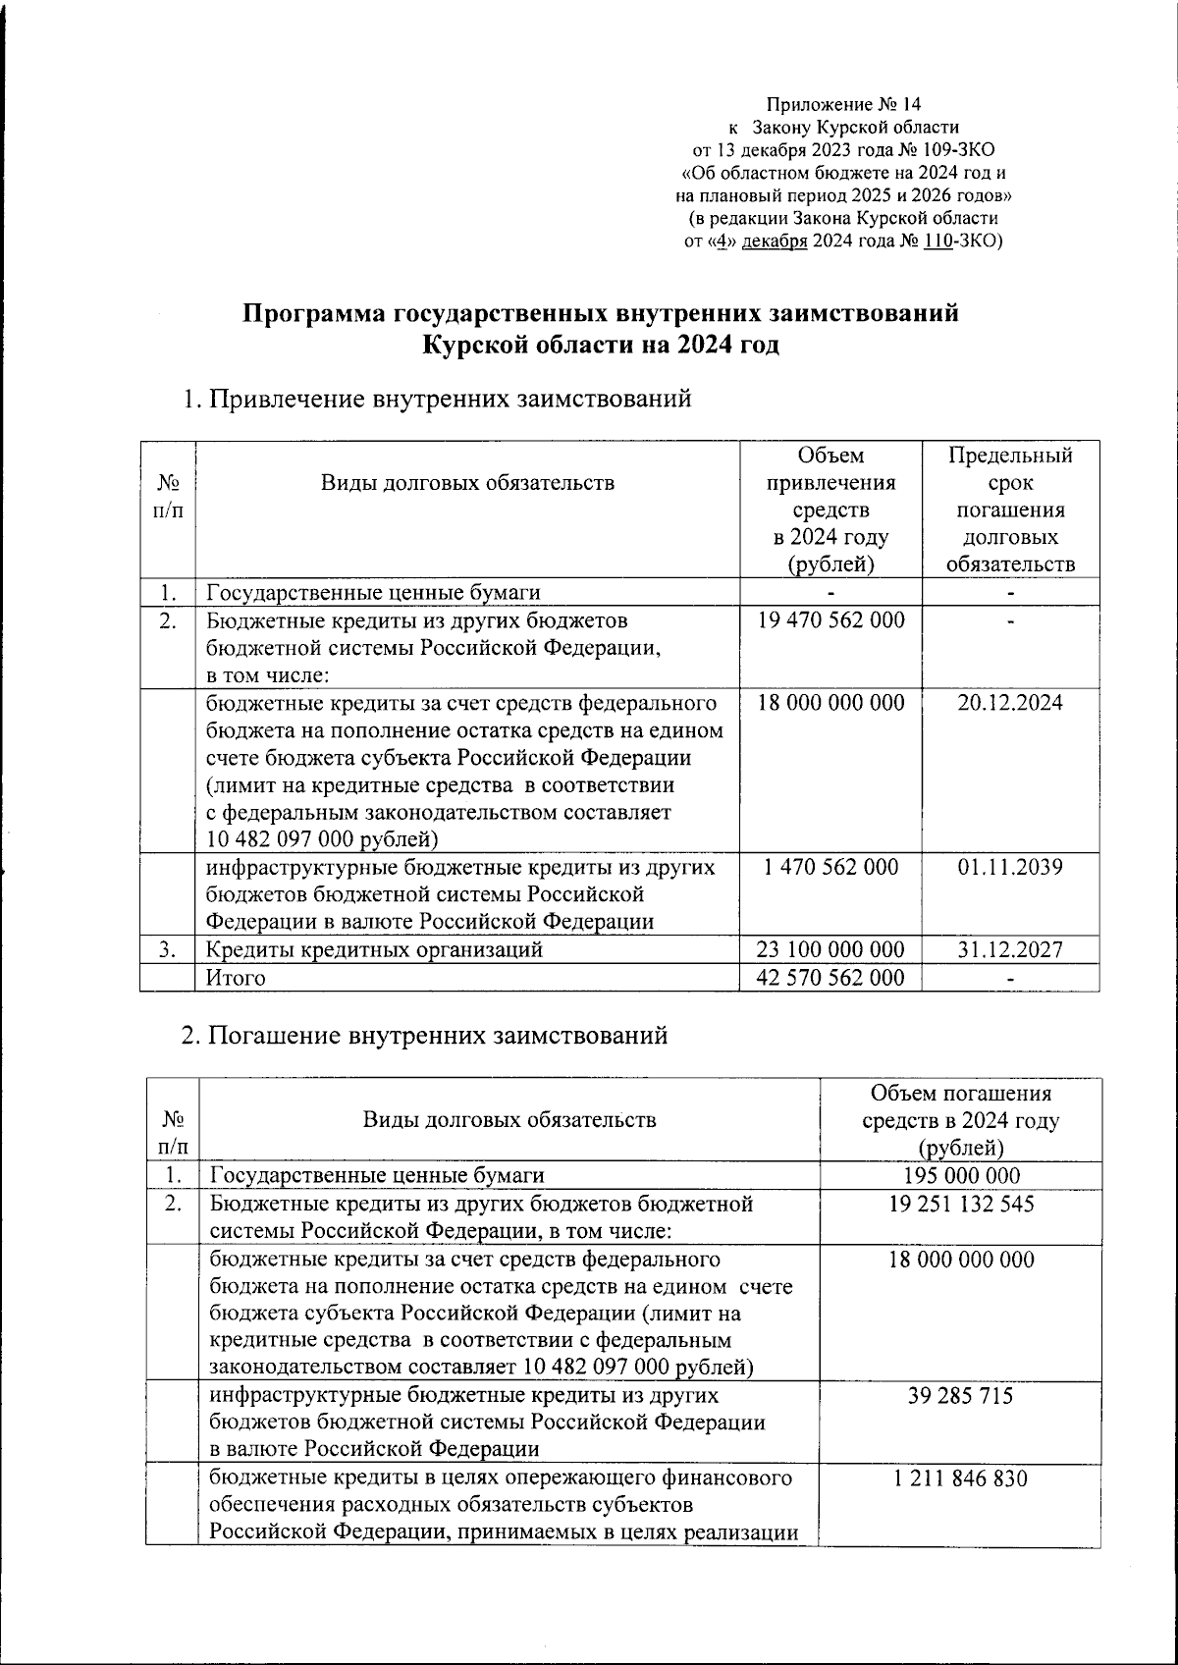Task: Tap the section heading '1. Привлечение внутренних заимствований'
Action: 437,399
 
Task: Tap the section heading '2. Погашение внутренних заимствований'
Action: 425,1035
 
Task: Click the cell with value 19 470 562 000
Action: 830,620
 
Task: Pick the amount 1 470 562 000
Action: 830,868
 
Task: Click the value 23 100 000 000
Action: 830,949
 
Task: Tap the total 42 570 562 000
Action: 830,978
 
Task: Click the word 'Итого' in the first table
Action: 236,978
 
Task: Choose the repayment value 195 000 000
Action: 961,1176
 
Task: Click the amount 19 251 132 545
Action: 961,1205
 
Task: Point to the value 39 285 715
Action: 961,1396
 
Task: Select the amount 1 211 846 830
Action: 961,1478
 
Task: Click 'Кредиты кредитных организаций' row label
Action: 373,949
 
